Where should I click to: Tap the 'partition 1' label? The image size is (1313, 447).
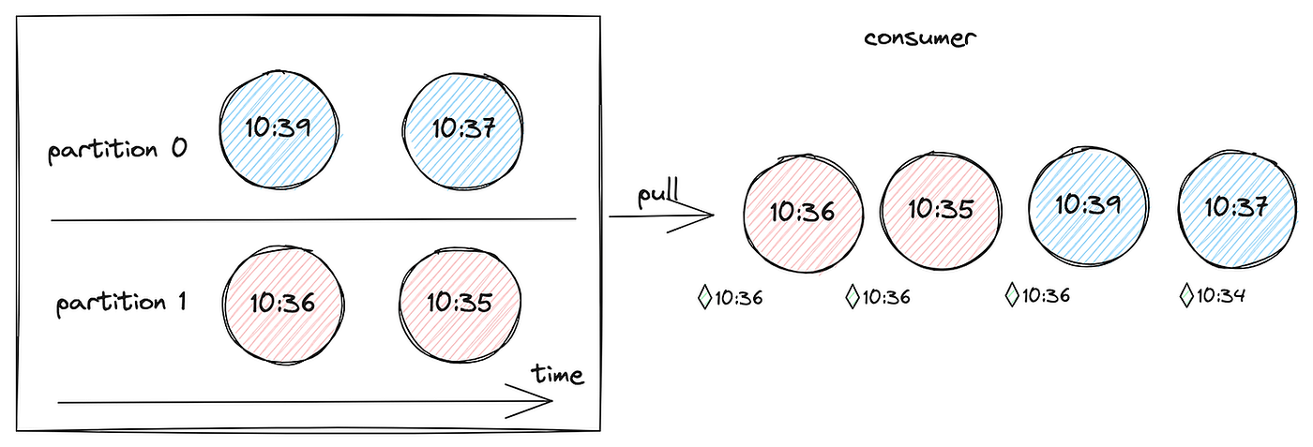coord(121,303)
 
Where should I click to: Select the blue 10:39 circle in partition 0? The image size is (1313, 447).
coord(279,128)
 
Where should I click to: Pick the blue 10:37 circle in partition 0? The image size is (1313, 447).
coord(463,128)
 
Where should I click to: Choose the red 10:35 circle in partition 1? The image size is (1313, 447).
coord(460,303)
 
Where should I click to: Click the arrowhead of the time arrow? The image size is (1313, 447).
coord(544,403)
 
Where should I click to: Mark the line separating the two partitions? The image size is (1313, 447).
coord(313,219)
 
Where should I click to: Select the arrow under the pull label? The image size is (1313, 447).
coord(661,216)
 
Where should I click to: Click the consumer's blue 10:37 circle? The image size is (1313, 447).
coord(1236,206)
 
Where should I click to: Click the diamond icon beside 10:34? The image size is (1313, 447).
coord(1185,297)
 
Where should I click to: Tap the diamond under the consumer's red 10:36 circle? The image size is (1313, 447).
coord(705,298)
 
